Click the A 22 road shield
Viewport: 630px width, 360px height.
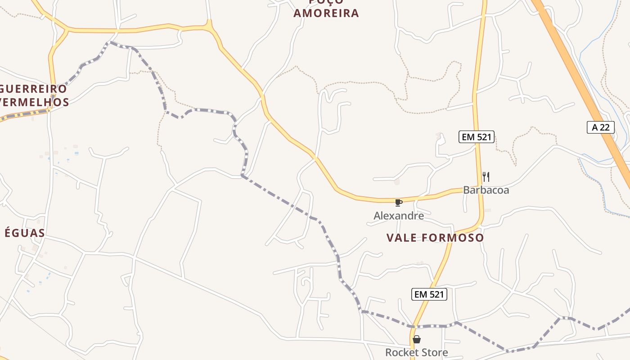[x=601, y=127]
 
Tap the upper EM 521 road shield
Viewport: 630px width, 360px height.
[x=477, y=137]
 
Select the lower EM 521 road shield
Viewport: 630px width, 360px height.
[x=429, y=295]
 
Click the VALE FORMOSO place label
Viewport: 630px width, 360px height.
[x=435, y=238]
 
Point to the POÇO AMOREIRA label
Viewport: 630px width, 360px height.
[x=326, y=9]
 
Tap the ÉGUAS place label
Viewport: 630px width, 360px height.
[x=25, y=233]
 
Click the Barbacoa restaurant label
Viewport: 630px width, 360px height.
[x=486, y=190]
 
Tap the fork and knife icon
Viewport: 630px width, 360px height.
[x=486, y=176]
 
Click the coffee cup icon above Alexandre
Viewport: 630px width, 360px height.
[x=398, y=202]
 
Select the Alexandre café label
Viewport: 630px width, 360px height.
[x=399, y=216]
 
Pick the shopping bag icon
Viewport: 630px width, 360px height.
[x=417, y=339]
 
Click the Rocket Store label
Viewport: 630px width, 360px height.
[x=417, y=352]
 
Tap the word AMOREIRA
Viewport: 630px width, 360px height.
[x=326, y=13]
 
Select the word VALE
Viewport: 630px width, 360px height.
[x=400, y=238]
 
